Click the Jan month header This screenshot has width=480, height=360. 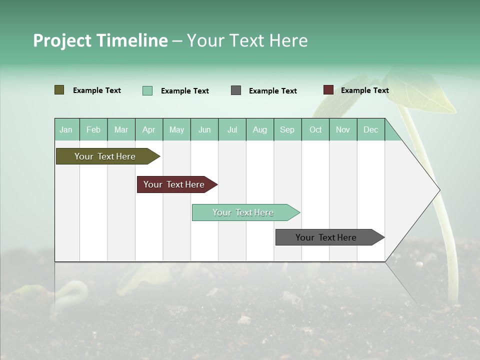66,129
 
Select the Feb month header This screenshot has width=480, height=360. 93,129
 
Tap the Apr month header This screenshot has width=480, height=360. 149,129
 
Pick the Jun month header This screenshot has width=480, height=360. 204,129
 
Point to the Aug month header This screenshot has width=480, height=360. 260,129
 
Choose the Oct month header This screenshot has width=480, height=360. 315,129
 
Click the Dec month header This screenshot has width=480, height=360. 371,129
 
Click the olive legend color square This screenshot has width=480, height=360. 59,90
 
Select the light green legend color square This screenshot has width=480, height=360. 147,90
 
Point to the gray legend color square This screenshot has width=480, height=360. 236,90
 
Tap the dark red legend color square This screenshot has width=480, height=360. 328,90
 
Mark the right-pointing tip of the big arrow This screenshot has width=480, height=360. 438,190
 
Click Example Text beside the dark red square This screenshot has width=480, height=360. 364,90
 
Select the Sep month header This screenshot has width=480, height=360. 287,129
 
